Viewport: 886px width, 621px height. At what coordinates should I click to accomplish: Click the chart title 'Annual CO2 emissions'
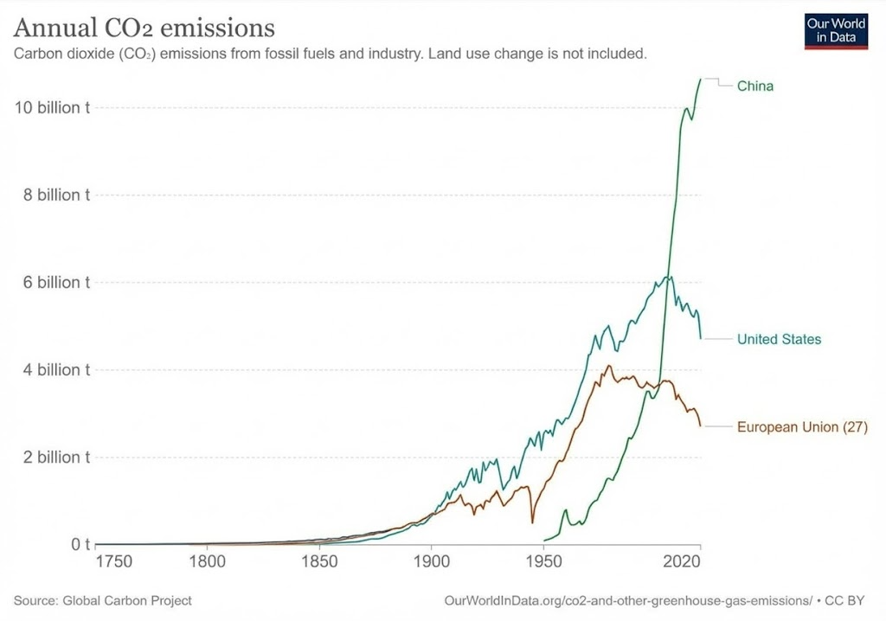(x=144, y=28)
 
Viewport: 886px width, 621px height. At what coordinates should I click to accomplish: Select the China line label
(x=754, y=86)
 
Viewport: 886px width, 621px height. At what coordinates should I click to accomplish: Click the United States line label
(x=779, y=339)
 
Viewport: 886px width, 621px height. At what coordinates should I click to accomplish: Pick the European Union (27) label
(x=801, y=426)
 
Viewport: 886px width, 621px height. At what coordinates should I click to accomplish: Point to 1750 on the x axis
(x=113, y=561)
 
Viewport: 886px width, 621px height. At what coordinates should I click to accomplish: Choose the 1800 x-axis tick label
(x=206, y=561)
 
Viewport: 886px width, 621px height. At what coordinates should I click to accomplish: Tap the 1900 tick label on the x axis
(x=431, y=561)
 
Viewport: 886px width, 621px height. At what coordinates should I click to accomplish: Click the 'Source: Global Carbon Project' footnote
(x=103, y=600)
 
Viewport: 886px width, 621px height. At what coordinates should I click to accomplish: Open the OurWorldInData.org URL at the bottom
(x=627, y=600)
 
